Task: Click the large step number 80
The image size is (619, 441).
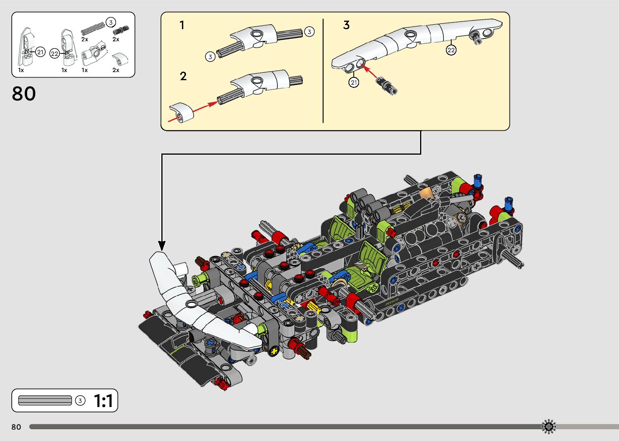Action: click(x=24, y=94)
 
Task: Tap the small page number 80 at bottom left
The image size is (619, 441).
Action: click(x=16, y=427)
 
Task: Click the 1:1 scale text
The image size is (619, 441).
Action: click(x=103, y=401)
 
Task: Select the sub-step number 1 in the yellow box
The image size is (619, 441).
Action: click(x=182, y=26)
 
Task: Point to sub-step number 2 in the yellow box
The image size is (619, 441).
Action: click(x=183, y=76)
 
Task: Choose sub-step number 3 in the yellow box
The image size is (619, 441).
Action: click(x=346, y=25)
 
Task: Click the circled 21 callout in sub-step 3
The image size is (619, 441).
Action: click(x=354, y=83)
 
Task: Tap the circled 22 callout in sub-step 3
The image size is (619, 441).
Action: click(x=451, y=50)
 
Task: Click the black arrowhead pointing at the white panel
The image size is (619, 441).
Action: click(x=162, y=245)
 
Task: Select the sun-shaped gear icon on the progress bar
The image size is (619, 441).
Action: click(x=549, y=426)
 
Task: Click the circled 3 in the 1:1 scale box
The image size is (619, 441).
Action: click(x=80, y=401)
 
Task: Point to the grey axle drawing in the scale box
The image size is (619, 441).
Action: click(x=45, y=401)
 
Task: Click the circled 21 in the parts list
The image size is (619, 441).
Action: click(x=40, y=52)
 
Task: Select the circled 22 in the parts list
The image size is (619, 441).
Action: click(x=55, y=53)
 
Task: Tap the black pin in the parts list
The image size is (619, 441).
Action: click(x=120, y=30)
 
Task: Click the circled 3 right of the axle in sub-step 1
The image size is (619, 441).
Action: click(x=309, y=32)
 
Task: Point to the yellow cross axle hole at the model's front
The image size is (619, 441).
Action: click(x=275, y=351)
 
